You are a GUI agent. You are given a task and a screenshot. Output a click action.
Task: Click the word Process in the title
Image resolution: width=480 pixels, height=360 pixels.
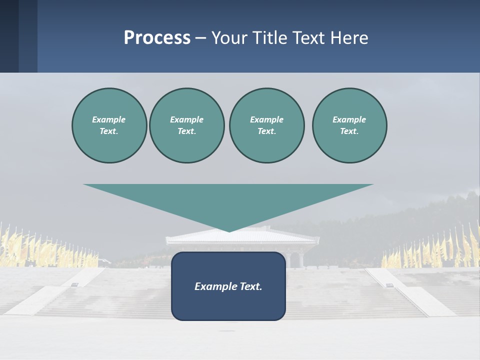click(157, 38)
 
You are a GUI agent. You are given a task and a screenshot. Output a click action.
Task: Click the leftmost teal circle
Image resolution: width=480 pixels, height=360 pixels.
click(109, 125)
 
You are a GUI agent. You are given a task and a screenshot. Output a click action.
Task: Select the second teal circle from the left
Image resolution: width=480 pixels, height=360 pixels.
click(187, 125)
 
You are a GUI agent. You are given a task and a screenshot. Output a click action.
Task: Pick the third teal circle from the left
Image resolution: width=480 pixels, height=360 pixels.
click(267, 125)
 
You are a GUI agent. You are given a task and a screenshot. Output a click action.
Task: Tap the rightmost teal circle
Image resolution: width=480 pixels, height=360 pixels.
click(349, 125)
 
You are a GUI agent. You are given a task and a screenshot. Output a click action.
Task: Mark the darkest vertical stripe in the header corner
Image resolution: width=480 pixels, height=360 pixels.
click(9, 36)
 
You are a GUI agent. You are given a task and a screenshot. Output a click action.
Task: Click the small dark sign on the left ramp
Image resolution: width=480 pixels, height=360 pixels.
click(74, 284)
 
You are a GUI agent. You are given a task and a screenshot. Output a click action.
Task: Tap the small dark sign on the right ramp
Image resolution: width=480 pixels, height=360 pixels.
click(389, 285)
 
